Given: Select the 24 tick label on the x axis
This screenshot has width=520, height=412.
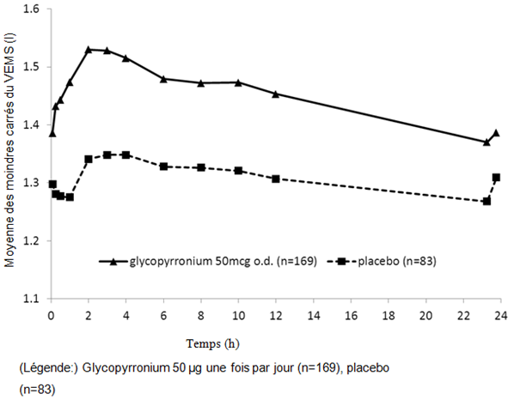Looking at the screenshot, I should [x=499, y=315].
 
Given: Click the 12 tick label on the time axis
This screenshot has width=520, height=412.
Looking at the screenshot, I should [x=275, y=315].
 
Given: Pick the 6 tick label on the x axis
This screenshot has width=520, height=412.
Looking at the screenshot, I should [x=163, y=315].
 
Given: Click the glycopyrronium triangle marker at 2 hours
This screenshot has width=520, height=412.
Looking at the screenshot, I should [x=89, y=50].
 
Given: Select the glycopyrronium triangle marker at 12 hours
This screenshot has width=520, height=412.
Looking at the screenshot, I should [x=275, y=94].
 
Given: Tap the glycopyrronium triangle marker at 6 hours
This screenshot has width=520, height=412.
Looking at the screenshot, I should [x=163, y=79].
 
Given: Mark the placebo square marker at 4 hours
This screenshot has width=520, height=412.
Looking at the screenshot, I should [x=125, y=154].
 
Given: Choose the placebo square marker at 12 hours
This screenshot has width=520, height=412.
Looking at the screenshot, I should [x=275, y=179].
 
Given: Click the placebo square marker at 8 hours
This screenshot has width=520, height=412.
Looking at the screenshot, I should [x=200, y=167].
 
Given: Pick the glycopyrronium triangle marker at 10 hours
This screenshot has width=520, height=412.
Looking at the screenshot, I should [x=238, y=82].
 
